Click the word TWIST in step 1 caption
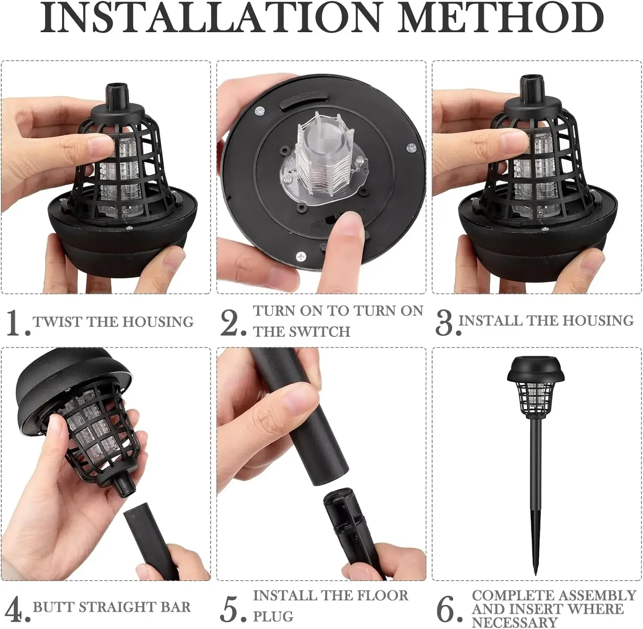tap(58, 322)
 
